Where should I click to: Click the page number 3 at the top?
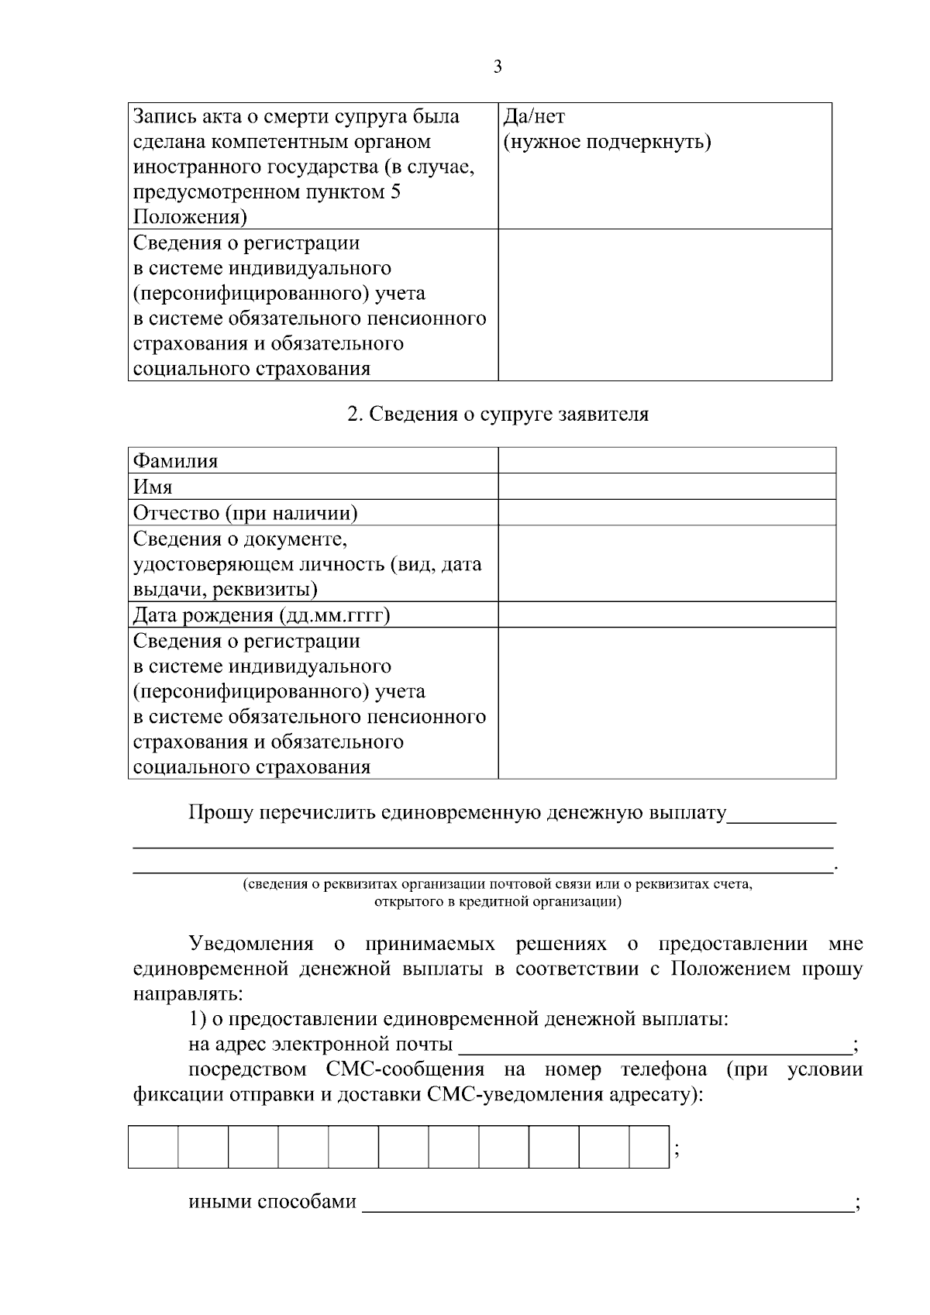[498, 67]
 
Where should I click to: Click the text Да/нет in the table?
[534, 117]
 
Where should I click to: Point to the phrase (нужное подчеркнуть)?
[607, 143]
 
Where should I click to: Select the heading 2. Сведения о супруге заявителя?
[498, 415]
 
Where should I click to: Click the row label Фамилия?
[176, 461]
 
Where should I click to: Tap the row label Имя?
[153, 487]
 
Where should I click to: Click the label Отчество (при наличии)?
[246, 513]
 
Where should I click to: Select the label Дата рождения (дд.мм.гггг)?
[261, 615]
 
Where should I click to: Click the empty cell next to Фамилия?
[666, 461]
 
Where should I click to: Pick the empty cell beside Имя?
[666, 487]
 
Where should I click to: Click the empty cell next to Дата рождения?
[666, 615]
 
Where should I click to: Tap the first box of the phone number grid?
[153, 1148]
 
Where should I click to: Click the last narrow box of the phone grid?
[649, 1148]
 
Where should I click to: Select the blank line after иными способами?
[608, 1203]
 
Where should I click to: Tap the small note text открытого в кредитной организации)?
[498, 902]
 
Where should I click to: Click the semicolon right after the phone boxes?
[677, 1152]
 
